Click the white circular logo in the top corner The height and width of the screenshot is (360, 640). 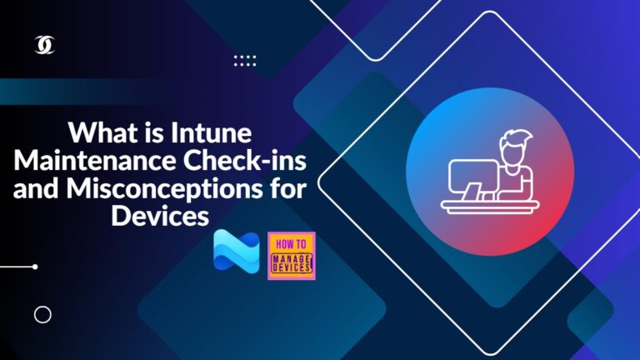click(44, 47)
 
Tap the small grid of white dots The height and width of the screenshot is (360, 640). click(245, 60)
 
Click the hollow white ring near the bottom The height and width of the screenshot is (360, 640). click(42, 314)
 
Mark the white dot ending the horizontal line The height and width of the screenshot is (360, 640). click(34, 267)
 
